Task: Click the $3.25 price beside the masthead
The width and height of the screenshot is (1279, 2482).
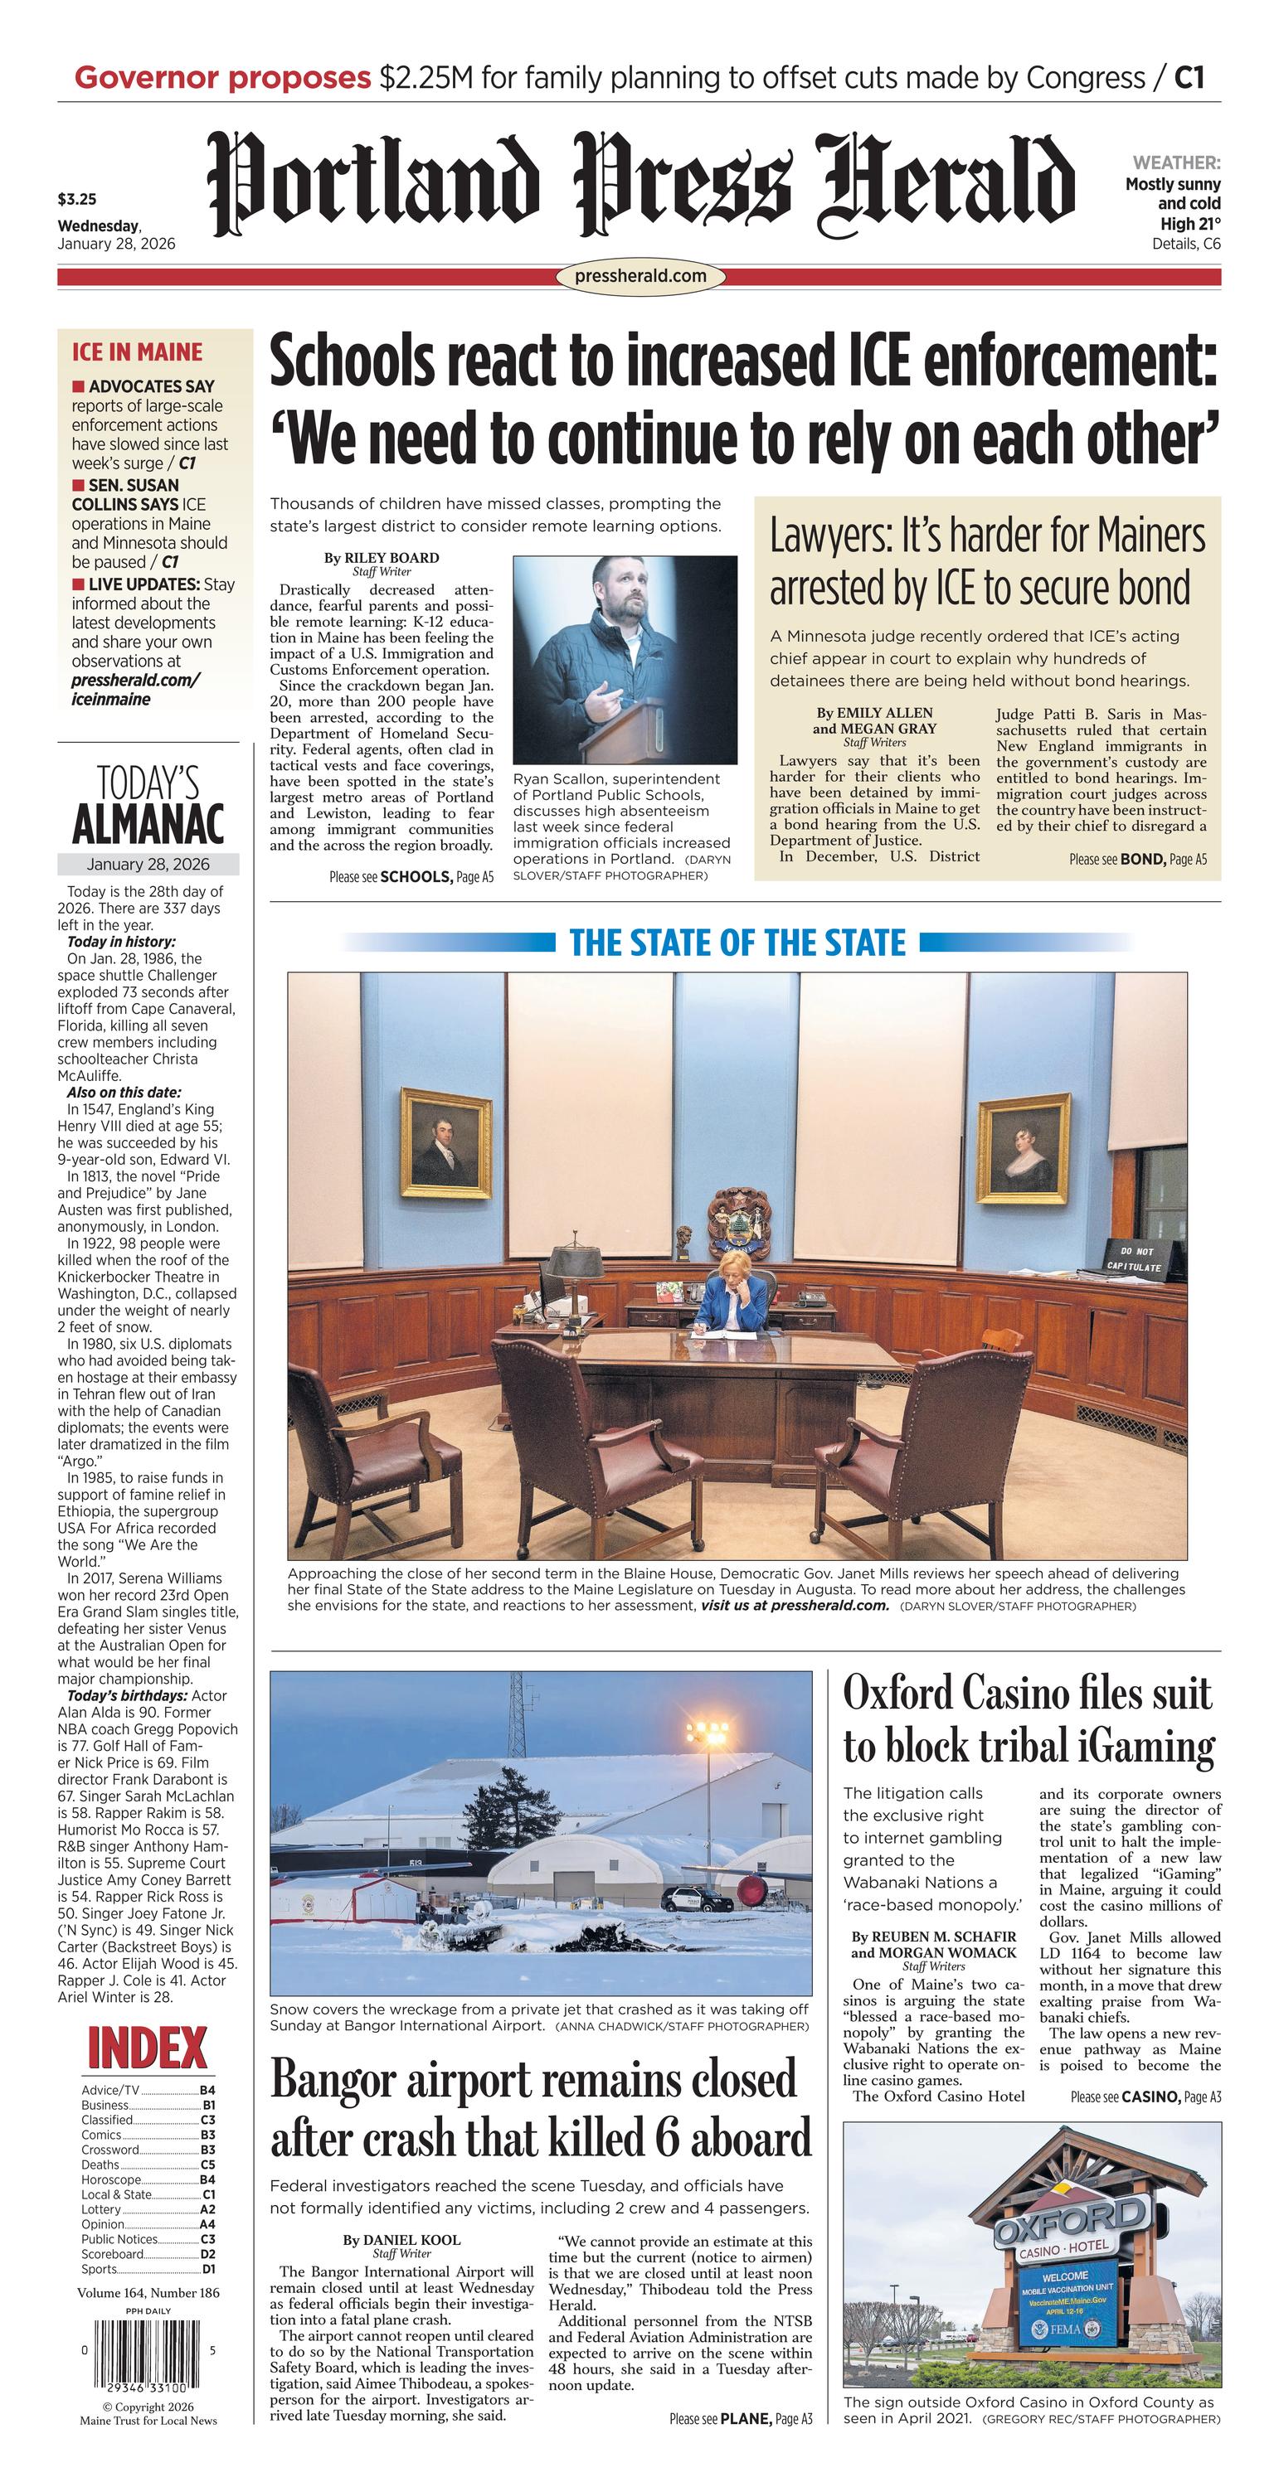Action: click(77, 201)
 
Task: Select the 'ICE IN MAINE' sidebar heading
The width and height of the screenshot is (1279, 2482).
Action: click(137, 351)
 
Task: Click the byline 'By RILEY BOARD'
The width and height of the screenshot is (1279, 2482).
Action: click(381, 557)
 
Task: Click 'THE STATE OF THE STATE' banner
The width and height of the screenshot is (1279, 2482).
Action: click(737, 943)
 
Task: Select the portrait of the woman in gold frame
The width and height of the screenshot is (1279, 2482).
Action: click(1024, 1147)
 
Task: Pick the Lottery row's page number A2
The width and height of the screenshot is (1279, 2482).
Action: click(207, 2209)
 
